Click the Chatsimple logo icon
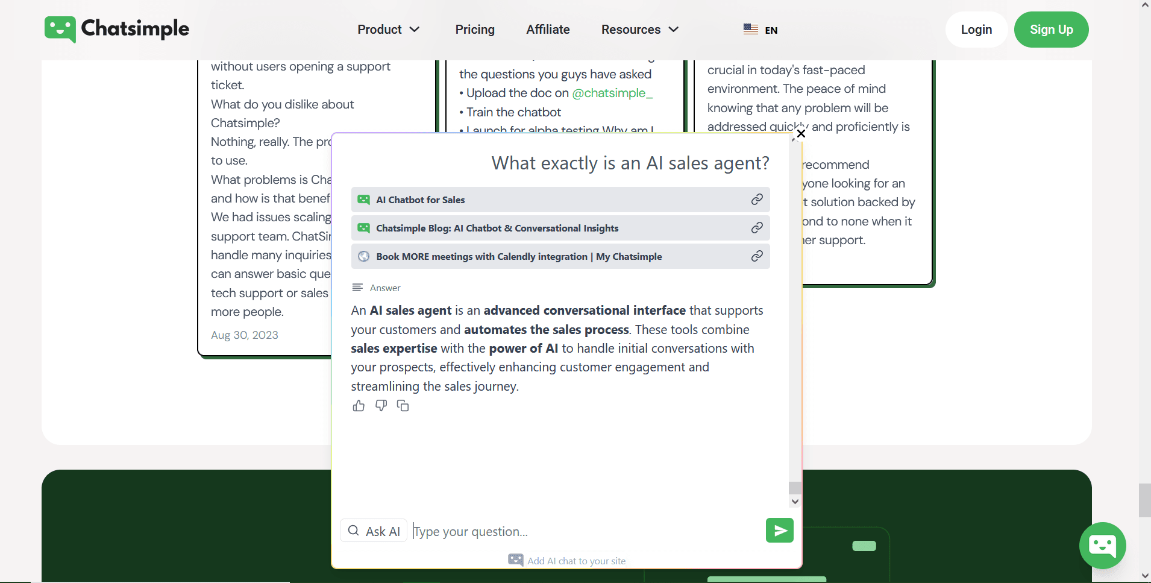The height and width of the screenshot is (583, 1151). click(60, 29)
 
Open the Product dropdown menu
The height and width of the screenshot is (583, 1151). click(388, 30)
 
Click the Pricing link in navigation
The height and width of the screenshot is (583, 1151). click(475, 30)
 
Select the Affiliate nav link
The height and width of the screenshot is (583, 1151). click(548, 30)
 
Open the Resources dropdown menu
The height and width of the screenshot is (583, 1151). click(639, 30)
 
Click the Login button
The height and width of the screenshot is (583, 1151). click(976, 30)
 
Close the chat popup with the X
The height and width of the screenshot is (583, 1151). click(801, 134)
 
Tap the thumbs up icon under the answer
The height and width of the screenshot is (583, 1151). click(359, 406)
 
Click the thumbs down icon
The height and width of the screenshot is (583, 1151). click(381, 406)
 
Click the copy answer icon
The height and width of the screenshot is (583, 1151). click(403, 406)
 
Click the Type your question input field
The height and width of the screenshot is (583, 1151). click(585, 531)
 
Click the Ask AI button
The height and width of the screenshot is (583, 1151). click(374, 531)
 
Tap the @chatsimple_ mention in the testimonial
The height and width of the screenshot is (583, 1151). click(612, 93)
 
